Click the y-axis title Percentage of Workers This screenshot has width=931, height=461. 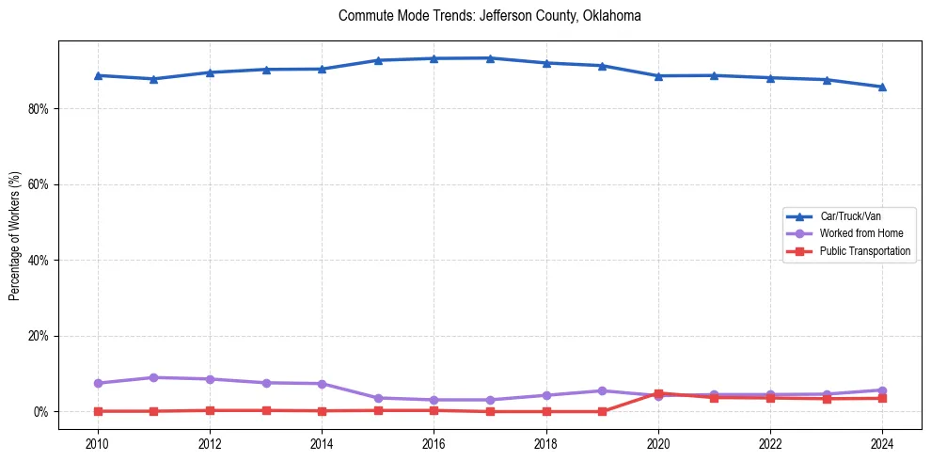15,235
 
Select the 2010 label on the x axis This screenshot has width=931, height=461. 97,443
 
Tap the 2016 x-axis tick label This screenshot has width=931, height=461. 434,443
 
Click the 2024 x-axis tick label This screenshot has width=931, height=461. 882,443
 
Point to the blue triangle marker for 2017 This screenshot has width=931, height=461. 490,58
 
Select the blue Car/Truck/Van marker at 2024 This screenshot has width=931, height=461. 882,87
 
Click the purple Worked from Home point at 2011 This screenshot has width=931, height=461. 153,377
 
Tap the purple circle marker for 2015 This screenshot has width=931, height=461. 378,398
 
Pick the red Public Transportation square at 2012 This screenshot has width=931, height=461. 210,410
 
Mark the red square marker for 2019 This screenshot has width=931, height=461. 602,411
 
